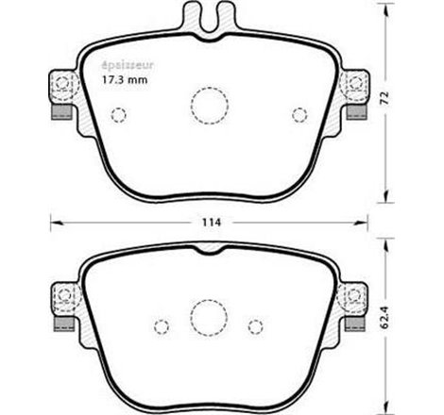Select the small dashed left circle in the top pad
(x=118, y=116)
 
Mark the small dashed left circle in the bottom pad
(x=162, y=325)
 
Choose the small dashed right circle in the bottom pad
(x=253, y=325)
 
